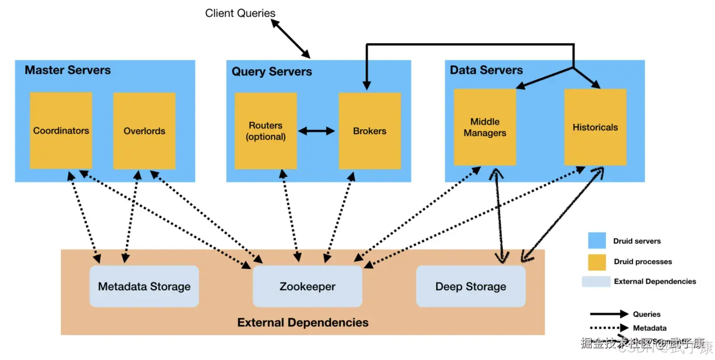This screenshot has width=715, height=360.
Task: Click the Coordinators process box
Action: pos(61,130)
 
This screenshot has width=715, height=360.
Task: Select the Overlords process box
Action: pos(144,130)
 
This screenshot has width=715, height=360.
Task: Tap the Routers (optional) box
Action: pos(266,131)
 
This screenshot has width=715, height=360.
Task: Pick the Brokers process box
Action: pos(369,131)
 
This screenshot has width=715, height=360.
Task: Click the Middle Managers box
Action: pos(485,127)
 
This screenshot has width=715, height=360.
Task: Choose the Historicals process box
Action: pos(595,127)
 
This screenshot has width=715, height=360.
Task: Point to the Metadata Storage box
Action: pos(144,286)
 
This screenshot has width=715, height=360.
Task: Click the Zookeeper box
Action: pos(307,286)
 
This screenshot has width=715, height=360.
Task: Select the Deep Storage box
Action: pos(470,286)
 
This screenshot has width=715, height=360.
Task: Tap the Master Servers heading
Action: pos(68,70)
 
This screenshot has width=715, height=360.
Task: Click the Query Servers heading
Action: pos(272,72)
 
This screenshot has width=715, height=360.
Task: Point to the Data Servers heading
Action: pos(486,70)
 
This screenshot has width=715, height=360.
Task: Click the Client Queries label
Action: pos(240,13)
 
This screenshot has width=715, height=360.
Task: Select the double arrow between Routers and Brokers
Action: pos(317,131)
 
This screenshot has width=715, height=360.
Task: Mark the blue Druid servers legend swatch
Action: pos(597,241)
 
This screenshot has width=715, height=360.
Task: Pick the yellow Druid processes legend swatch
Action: pos(597,262)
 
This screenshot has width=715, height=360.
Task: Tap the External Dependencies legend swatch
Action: pos(596,281)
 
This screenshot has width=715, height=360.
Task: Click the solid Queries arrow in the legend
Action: pos(609,314)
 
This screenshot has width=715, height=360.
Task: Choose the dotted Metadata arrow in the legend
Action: pos(609,328)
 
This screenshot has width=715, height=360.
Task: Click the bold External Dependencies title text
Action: pos(303,322)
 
